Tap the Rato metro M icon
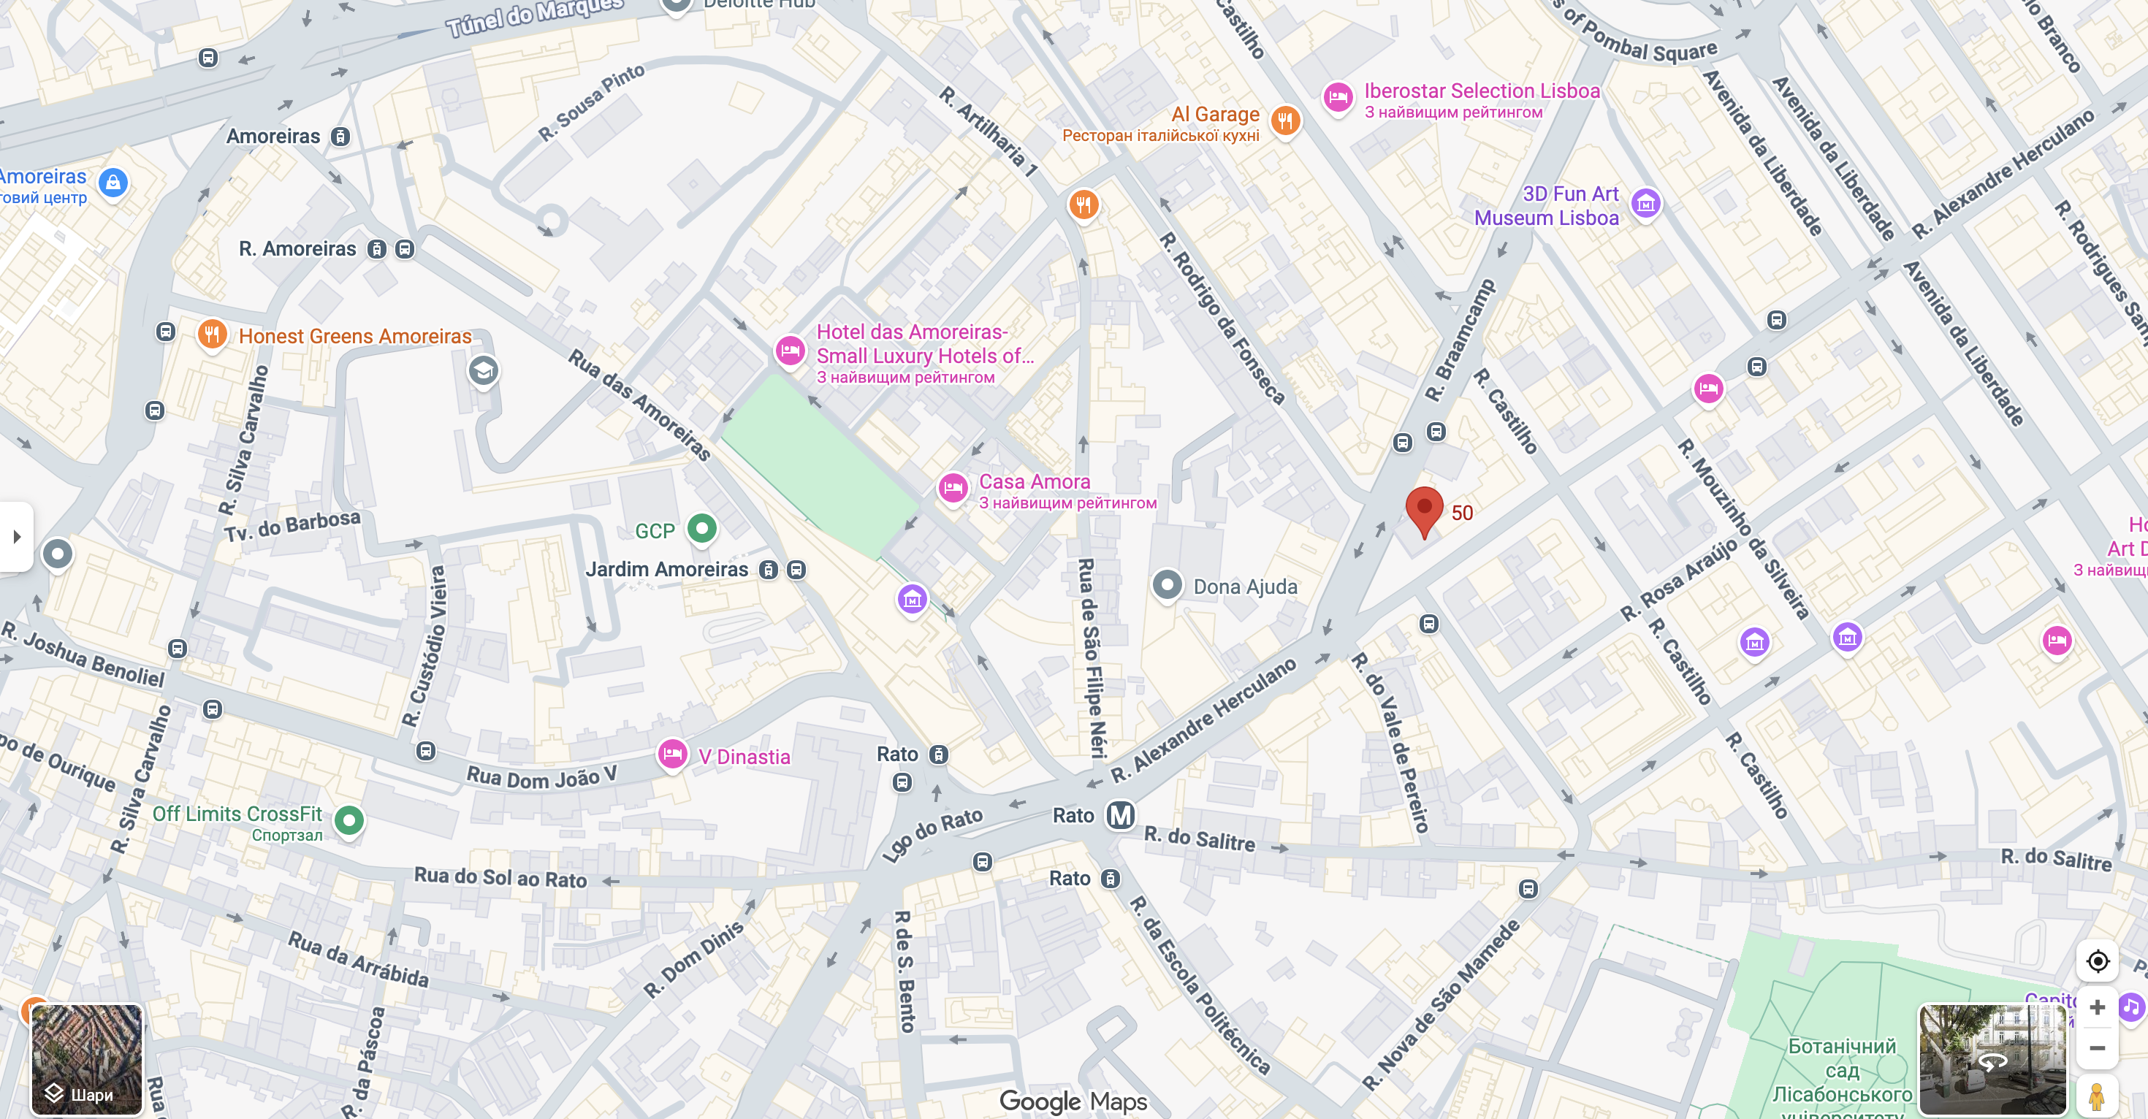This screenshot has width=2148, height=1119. click(1120, 814)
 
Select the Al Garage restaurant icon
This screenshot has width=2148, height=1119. click(1285, 121)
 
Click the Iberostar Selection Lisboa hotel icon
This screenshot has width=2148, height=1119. click(1338, 99)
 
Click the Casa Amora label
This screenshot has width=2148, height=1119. click(1034, 482)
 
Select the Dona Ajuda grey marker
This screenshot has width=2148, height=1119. click(1167, 584)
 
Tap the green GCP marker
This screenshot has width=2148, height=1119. click(702, 529)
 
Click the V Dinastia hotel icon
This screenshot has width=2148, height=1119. click(672, 755)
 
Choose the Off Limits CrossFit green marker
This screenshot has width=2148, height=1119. click(349, 820)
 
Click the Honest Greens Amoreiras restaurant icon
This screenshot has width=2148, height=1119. click(213, 335)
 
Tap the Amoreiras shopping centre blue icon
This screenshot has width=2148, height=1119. click(113, 182)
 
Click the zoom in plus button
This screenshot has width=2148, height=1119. click(2096, 1007)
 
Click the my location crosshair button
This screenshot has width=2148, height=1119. click(2096, 961)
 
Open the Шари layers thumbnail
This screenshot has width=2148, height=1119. click(87, 1059)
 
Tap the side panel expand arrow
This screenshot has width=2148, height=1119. click(16, 536)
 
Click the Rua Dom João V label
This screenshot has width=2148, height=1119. click(541, 777)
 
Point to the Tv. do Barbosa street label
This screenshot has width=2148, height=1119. click(292, 525)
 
